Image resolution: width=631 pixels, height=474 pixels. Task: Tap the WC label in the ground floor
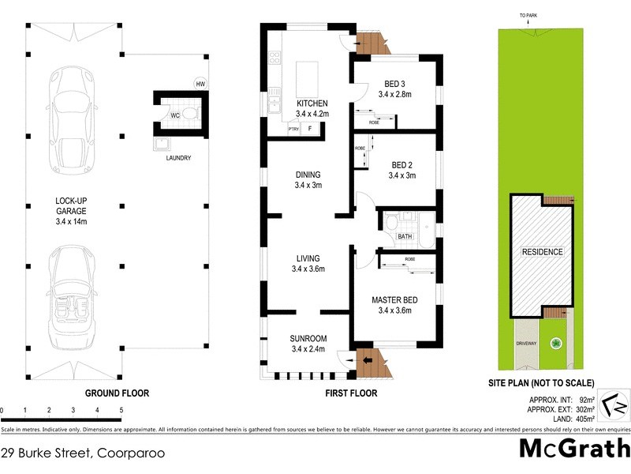point(175,116)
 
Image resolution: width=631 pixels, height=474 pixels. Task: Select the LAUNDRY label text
point(177,158)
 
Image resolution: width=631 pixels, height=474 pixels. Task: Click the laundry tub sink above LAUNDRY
point(162,142)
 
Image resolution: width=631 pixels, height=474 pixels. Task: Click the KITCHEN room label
point(312,103)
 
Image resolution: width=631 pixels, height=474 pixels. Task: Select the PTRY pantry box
point(293,129)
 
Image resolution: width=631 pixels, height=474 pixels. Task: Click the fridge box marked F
point(311,129)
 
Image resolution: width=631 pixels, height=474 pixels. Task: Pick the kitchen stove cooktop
point(274,57)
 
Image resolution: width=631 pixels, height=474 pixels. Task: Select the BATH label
point(405,236)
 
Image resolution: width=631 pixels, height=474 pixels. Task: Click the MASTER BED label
point(394,300)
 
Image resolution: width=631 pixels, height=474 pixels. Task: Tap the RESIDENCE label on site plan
point(542,252)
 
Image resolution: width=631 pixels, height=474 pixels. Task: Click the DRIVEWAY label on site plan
point(526,344)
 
